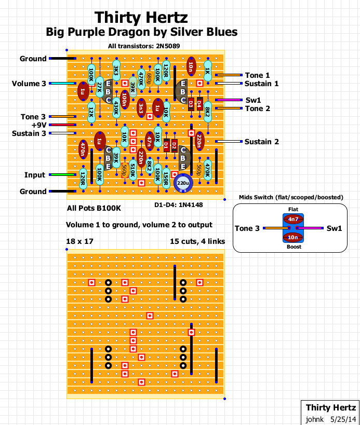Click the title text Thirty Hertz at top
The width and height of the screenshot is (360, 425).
pos(141,19)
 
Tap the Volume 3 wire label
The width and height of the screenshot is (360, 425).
pos(29,84)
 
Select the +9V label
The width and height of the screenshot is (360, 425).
pos(38,125)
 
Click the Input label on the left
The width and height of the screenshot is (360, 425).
pos(35,175)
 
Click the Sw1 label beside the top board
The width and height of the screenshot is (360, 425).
pos(253,100)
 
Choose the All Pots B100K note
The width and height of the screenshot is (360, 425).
pos(94,209)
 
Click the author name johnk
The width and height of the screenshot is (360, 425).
pos(314,419)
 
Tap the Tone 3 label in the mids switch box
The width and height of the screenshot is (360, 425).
pos(247,228)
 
